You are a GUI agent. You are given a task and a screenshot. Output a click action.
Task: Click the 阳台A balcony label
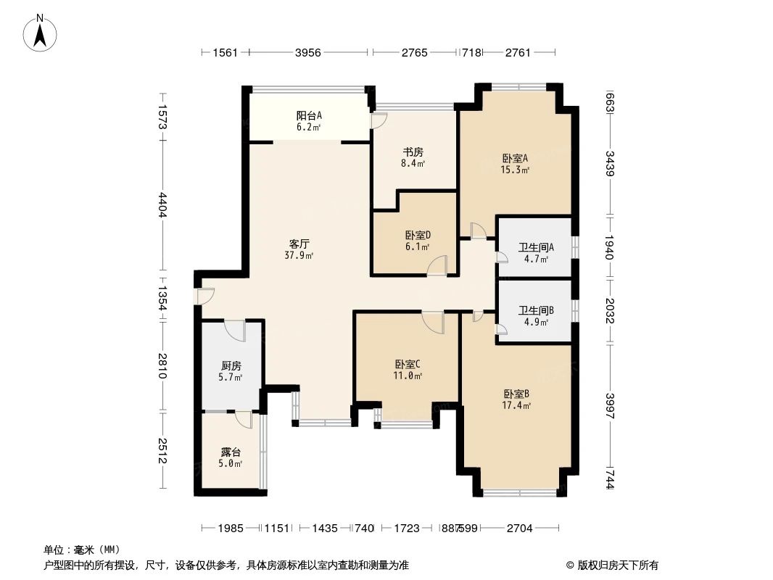tap(309, 115)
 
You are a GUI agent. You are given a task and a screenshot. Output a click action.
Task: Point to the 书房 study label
tap(413, 152)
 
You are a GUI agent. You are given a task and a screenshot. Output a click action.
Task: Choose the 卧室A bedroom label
tap(515, 159)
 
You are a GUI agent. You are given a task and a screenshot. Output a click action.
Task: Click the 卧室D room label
tap(418, 235)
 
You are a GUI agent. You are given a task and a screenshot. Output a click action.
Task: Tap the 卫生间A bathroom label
tap(535, 247)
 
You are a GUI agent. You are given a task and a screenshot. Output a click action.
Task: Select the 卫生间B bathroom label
tap(535, 311)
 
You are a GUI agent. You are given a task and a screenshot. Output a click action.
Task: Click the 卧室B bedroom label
tap(516, 394)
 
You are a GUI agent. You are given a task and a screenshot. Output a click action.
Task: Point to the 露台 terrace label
tap(231, 452)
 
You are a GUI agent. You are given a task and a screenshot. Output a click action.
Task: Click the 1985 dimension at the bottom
tap(230, 529)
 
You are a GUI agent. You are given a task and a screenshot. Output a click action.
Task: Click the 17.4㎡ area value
tap(516, 405)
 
